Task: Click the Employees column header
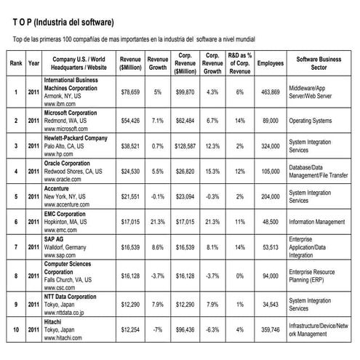[271, 63]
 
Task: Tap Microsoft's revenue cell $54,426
[132, 119]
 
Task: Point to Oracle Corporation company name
[73, 164]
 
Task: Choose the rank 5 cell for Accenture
[15, 196]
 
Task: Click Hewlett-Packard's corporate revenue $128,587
[185, 145]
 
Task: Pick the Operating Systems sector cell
[314, 119]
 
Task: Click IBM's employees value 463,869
[271, 92]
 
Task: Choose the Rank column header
[15, 63]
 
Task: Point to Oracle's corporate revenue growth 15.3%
[213, 171]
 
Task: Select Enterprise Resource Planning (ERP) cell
[318, 276]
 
